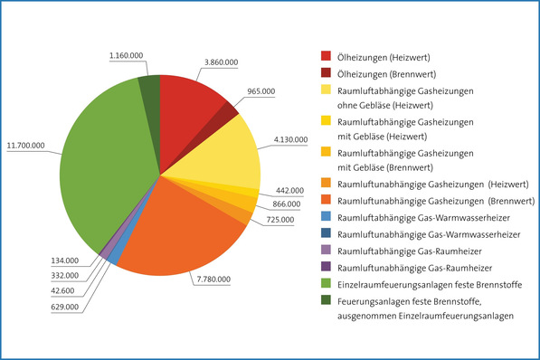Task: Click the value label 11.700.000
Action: click(x=26, y=144)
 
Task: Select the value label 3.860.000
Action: click(x=220, y=61)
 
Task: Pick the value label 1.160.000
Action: click(x=126, y=55)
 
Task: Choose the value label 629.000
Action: click(x=64, y=308)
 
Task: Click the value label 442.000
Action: click(x=289, y=191)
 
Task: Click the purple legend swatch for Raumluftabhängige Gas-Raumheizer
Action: click(x=326, y=251)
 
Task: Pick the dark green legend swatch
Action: click(x=326, y=300)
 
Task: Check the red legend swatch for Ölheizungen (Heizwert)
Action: click(x=326, y=56)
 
